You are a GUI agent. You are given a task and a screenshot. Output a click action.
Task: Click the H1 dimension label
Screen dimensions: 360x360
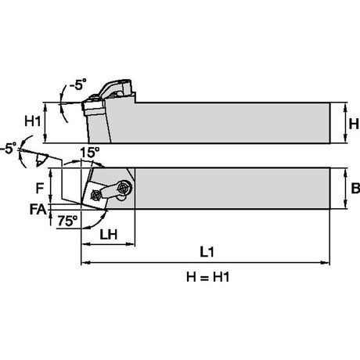coord(33,121)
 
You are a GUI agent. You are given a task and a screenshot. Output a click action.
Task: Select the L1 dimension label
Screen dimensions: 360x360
coord(207,252)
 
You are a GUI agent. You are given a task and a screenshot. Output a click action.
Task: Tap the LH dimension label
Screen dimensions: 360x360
coord(109,235)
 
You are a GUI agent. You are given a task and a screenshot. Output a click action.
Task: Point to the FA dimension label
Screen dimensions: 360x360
coord(38,209)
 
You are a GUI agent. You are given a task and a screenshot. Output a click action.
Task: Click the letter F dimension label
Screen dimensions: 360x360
coord(39,188)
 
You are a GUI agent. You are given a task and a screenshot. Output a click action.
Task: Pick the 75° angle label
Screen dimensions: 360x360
coord(67,221)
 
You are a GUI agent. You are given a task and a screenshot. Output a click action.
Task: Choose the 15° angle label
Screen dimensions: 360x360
coord(89,153)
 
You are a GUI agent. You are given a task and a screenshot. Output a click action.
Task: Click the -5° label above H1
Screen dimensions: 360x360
coord(77,85)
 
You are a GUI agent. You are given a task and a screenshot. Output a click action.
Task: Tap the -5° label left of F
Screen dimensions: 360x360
coord(8,148)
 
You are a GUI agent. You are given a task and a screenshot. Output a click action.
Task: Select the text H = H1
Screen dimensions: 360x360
coord(208,277)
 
